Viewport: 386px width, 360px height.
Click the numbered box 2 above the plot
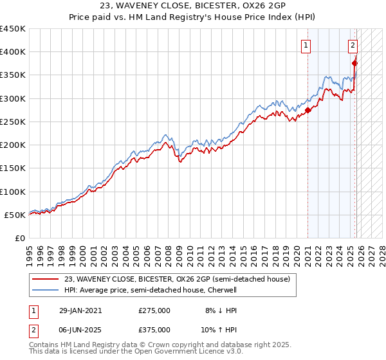click(353, 45)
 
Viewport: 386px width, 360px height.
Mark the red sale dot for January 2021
click(308, 111)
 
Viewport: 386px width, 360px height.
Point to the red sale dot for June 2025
click(355, 64)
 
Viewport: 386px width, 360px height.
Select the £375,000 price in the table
click(154, 329)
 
